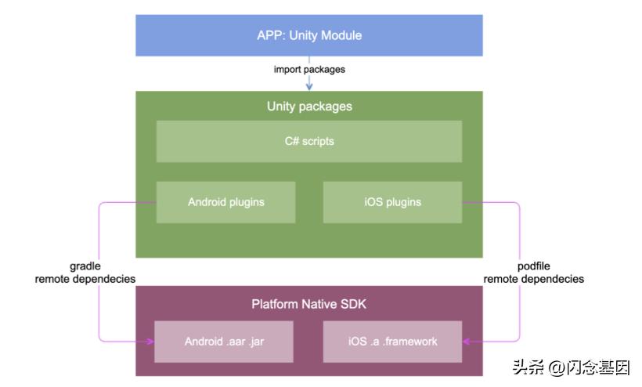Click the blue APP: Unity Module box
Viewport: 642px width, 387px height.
tap(309, 35)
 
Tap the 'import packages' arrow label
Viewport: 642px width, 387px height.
tap(309, 70)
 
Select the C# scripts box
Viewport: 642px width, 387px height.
tap(309, 142)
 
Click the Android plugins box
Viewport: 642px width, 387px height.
tap(225, 202)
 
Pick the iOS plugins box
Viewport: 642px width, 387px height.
tap(392, 202)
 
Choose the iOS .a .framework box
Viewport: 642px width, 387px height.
tap(392, 342)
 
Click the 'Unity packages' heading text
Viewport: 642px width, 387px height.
tap(309, 107)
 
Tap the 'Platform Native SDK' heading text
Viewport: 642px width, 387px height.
tap(309, 303)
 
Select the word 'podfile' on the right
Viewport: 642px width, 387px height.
tap(533, 266)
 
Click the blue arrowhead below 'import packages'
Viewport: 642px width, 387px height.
tap(309, 86)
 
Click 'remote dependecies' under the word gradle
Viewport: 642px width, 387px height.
tap(85, 279)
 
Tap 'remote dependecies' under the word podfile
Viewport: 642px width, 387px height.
tap(533, 279)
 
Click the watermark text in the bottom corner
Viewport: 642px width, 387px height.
tap(571, 367)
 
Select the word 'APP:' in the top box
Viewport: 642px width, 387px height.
tap(270, 35)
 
